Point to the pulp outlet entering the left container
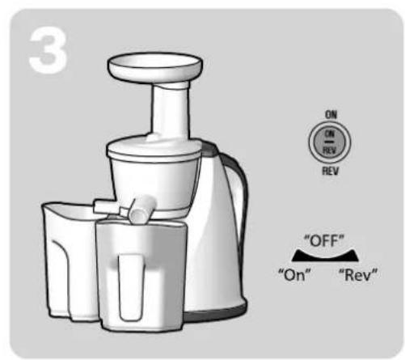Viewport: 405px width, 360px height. click(x=104, y=206)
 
